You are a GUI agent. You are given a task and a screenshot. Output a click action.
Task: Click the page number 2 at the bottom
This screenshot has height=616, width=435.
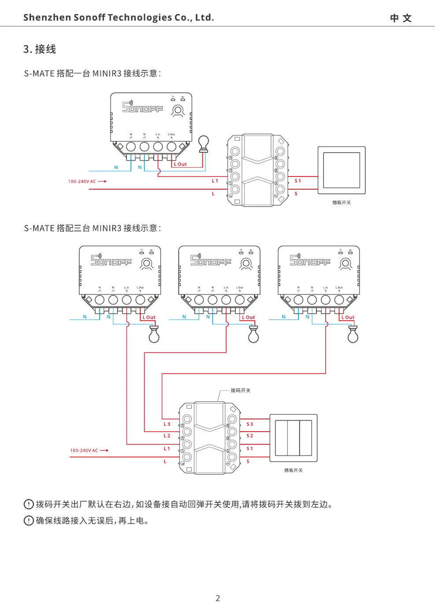click(218, 598)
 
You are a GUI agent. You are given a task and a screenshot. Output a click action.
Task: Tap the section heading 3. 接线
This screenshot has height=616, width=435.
click(40, 49)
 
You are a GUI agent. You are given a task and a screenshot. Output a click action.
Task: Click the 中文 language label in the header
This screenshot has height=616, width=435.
click(401, 18)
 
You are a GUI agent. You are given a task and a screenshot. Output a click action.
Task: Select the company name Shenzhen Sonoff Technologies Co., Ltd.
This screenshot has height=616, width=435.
click(119, 18)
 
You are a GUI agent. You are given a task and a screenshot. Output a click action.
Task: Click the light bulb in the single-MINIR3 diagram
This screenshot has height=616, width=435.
click(203, 143)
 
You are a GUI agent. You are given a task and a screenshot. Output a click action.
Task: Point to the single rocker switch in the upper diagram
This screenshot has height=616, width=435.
click(342, 170)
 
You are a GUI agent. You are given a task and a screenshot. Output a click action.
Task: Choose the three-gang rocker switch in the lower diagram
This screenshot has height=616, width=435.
click(294, 438)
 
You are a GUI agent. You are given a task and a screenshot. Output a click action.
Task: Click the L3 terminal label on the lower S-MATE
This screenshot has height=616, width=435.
click(167, 424)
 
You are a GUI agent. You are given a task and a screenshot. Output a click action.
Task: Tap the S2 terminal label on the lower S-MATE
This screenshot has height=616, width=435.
click(249, 436)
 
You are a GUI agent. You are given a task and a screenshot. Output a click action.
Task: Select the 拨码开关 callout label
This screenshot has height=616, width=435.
click(241, 390)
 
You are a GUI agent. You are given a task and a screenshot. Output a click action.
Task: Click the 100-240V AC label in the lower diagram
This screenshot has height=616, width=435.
click(84, 451)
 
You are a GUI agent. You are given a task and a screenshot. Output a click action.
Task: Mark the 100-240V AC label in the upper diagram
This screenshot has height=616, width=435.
click(82, 181)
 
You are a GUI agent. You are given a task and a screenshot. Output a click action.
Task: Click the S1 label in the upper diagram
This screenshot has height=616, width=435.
click(297, 181)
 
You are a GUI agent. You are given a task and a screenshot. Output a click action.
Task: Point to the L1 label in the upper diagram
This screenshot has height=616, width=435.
click(215, 181)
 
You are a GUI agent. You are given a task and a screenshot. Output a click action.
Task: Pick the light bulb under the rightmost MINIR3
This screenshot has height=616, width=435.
click(353, 334)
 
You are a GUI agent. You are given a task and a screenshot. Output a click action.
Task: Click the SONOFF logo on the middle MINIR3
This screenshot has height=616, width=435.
click(210, 260)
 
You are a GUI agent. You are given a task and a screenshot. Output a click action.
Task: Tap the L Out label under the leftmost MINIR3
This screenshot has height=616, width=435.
click(149, 317)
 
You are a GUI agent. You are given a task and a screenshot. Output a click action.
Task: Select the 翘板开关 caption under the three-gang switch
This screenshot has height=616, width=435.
click(294, 470)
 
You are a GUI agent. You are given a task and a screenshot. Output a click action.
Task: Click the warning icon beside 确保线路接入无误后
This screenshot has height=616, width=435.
click(29, 521)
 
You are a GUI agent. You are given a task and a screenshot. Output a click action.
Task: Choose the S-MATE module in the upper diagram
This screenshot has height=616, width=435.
click(258, 170)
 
